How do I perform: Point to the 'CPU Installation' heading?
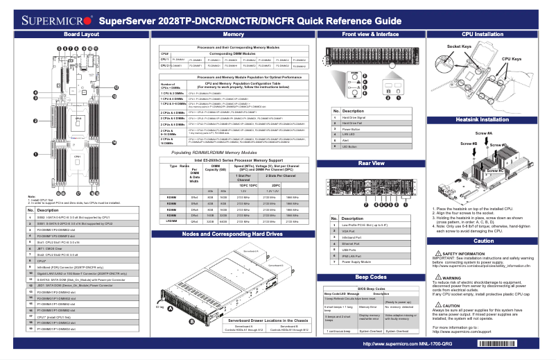483,33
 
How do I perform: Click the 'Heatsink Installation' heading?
483,120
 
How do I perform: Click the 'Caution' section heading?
483,240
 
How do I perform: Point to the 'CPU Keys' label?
512,60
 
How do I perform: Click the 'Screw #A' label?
483,132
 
